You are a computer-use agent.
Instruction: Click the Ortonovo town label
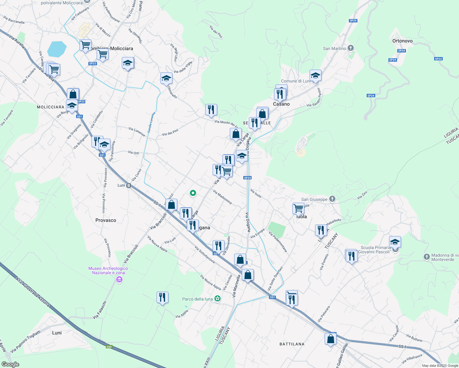402,41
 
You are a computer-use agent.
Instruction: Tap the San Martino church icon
351,48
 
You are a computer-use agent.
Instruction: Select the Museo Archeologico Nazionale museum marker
119,279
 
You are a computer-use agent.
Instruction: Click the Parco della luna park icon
218,299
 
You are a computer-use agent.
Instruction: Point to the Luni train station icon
129,185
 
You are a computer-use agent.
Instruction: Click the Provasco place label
106,220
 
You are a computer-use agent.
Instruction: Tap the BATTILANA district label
292,344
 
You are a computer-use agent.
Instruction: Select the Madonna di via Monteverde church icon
426,257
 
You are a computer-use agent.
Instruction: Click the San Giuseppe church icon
332,199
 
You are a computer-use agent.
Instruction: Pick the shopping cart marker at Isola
298,209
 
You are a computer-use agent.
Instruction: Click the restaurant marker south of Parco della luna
162,297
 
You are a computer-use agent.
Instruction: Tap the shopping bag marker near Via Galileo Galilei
330,339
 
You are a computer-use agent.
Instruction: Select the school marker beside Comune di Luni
315,75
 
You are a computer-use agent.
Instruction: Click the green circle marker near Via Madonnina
193,193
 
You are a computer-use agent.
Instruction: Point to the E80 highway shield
109,347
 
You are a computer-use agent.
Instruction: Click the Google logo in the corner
10,364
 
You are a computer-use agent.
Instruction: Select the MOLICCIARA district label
51,107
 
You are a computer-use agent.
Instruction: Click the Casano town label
281,104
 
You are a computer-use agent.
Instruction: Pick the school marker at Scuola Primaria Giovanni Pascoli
395,242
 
